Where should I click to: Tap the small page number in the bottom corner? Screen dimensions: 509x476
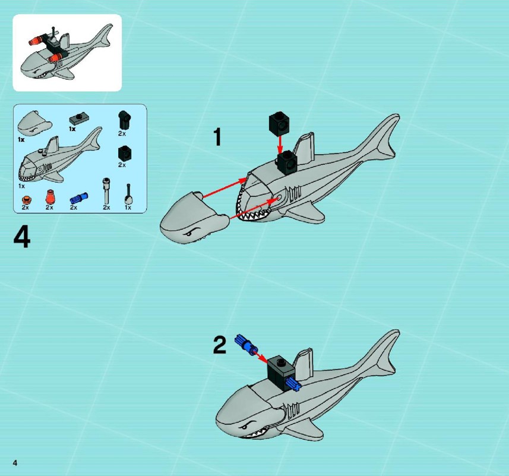[x=15, y=463]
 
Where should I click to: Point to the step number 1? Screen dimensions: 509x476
[x=217, y=137]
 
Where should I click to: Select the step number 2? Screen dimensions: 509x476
[x=219, y=345]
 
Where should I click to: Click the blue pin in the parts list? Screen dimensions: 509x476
[x=79, y=198]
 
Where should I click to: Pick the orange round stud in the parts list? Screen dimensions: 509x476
[x=26, y=199]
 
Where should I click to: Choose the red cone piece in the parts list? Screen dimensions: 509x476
[x=50, y=197]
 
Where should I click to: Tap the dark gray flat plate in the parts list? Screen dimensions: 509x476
[x=79, y=120]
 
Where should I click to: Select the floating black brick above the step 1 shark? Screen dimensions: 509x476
[x=279, y=124]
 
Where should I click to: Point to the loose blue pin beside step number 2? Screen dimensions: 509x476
[x=246, y=345]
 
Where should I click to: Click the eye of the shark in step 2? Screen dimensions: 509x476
[x=246, y=425]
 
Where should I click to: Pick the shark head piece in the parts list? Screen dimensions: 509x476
[x=34, y=124]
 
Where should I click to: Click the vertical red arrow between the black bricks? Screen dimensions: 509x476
[x=279, y=145]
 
